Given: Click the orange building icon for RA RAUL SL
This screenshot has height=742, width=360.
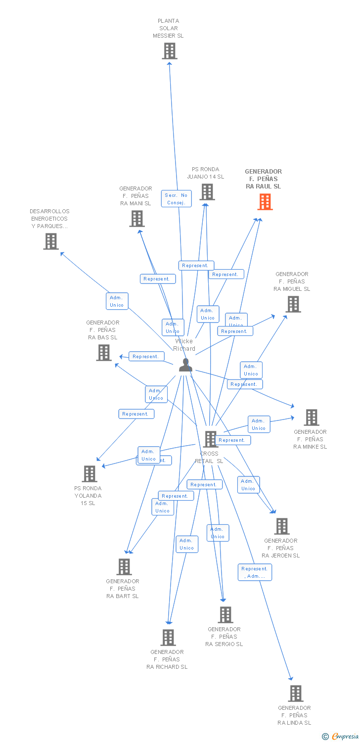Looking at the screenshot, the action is pyautogui.click(x=265, y=202).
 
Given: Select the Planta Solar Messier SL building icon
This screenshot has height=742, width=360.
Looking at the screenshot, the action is pyautogui.click(x=170, y=51).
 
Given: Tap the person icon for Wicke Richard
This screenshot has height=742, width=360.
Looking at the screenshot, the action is pyautogui.click(x=185, y=365).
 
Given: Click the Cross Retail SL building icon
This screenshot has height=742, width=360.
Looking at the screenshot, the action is pyautogui.click(x=211, y=439).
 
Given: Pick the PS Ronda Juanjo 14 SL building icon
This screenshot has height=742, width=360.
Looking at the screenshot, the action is pyautogui.click(x=207, y=192).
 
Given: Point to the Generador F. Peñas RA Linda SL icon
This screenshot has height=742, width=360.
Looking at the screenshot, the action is pyautogui.click(x=296, y=694).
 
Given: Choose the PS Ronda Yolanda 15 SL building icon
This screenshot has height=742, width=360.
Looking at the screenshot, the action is pyautogui.click(x=89, y=474).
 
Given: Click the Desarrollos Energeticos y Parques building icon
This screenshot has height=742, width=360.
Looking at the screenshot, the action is pyautogui.click(x=50, y=241).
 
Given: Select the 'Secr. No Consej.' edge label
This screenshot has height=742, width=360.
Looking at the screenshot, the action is pyautogui.click(x=177, y=199).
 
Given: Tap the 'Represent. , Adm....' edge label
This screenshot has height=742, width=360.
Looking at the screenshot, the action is pyautogui.click(x=255, y=572).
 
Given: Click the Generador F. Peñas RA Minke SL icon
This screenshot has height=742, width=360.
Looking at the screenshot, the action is pyautogui.click(x=311, y=417).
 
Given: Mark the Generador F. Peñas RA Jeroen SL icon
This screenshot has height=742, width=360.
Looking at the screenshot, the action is pyautogui.click(x=282, y=526).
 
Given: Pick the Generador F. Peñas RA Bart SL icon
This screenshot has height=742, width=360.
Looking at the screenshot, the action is pyautogui.click(x=124, y=567).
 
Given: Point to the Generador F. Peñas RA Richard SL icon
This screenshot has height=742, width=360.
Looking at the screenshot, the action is pyautogui.click(x=168, y=638).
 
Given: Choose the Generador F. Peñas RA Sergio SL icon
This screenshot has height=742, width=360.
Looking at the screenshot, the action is pyautogui.click(x=225, y=615).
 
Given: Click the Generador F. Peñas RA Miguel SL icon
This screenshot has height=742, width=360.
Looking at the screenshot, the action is pyautogui.click(x=293, y=304).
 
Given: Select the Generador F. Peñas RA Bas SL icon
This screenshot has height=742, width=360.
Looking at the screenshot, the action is pyautogui.click(x=104, y=353).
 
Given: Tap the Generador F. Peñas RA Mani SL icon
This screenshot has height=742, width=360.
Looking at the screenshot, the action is pyautogui.click(x=137, y=219).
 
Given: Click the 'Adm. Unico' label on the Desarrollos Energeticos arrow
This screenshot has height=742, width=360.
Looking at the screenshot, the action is pyautogui.click(x=117, y=301).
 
